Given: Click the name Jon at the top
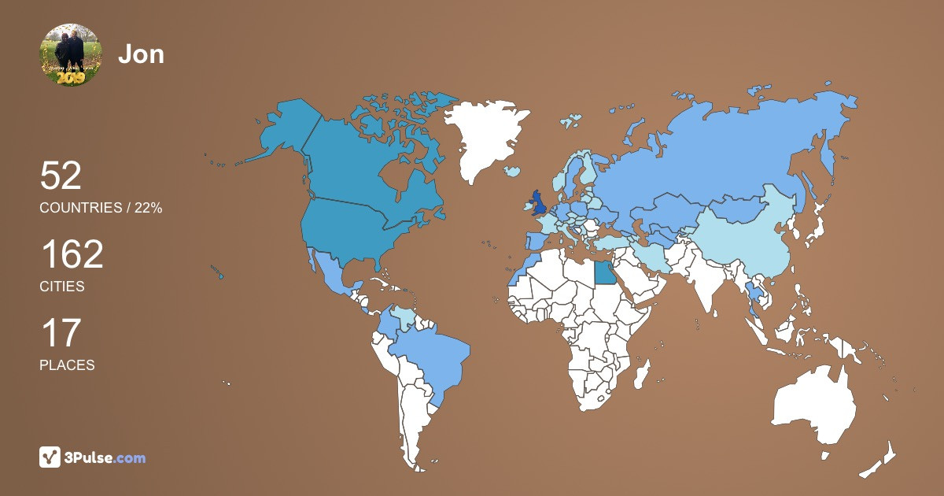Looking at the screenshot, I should (x=141, y=54).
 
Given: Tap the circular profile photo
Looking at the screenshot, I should (x=71, y=55).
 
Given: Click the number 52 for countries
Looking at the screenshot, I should (x=61, y=176).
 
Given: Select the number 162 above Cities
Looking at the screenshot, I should (x=72, y=255).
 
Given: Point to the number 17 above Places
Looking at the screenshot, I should (x=60, y=333).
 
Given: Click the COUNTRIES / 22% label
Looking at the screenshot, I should (x=101, y=208).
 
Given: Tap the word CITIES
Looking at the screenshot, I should (x=61, y=287).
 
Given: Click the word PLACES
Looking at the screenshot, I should (x=67, y=365).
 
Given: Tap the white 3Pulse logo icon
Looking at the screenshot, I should (x=50, y=457).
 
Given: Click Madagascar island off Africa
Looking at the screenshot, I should (x=643, y=373).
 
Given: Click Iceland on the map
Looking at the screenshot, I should (x=513, y=171).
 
